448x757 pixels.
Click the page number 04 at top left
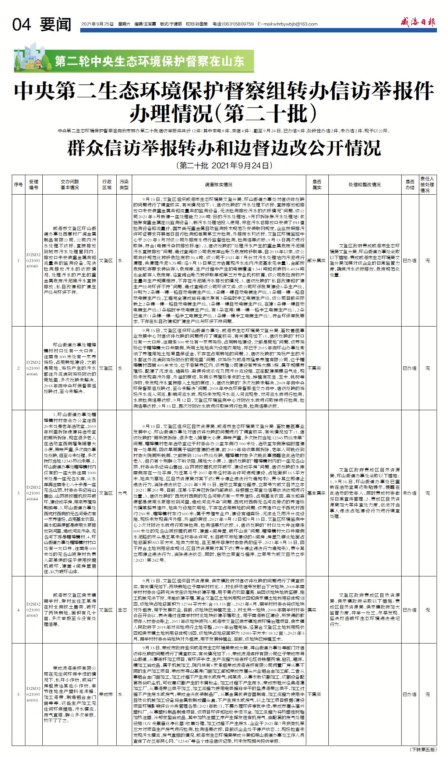coord(22,25)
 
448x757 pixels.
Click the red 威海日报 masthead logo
coord(418,22)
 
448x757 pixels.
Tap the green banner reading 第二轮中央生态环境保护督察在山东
coord(149,61)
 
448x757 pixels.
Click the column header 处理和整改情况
coord(364,185)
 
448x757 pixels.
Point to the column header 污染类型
coord(124,185)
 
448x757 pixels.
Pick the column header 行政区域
coord(107,185)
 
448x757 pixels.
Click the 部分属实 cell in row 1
coord(317,261)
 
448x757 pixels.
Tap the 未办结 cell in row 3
coord(409,493)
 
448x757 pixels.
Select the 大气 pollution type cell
coord(123,493)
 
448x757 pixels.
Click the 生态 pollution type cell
coord(123,610)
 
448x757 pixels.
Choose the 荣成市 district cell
coord(106,694)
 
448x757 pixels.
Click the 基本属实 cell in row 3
coord(317,493)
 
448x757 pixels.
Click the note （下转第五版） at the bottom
coord(423,750)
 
